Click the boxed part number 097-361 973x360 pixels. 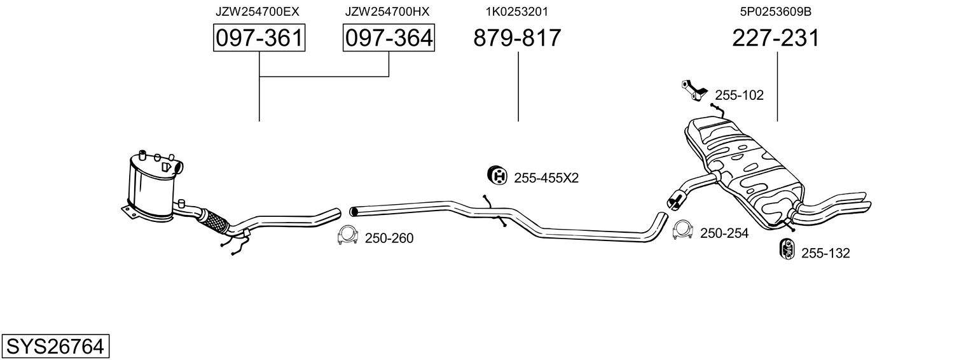click(x=259, y=38)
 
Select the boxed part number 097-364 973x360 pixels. click(x=389, y=38)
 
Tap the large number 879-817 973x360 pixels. click(x=517, y=38)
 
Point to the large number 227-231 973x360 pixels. click(x=776, y=38)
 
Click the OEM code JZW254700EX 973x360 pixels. click(x=257, y=11)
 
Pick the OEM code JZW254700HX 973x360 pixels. click(x=387, y=11)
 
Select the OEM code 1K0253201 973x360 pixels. click(x=517, y=11)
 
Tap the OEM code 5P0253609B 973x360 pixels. click(x=776, y=11)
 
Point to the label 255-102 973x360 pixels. click(x=739, y=95)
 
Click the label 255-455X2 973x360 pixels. click(x=546, y=178)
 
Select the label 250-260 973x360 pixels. click(x=389, y=239)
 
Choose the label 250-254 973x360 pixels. click(x=724, y=233)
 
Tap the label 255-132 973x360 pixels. click(x=825, y=253)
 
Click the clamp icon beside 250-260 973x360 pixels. click(x=347, y=235)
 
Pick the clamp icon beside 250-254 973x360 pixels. click(x=682, y=231)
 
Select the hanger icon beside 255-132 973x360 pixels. click(x=786, y=249)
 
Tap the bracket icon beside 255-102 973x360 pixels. click(x=693, y=89)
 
